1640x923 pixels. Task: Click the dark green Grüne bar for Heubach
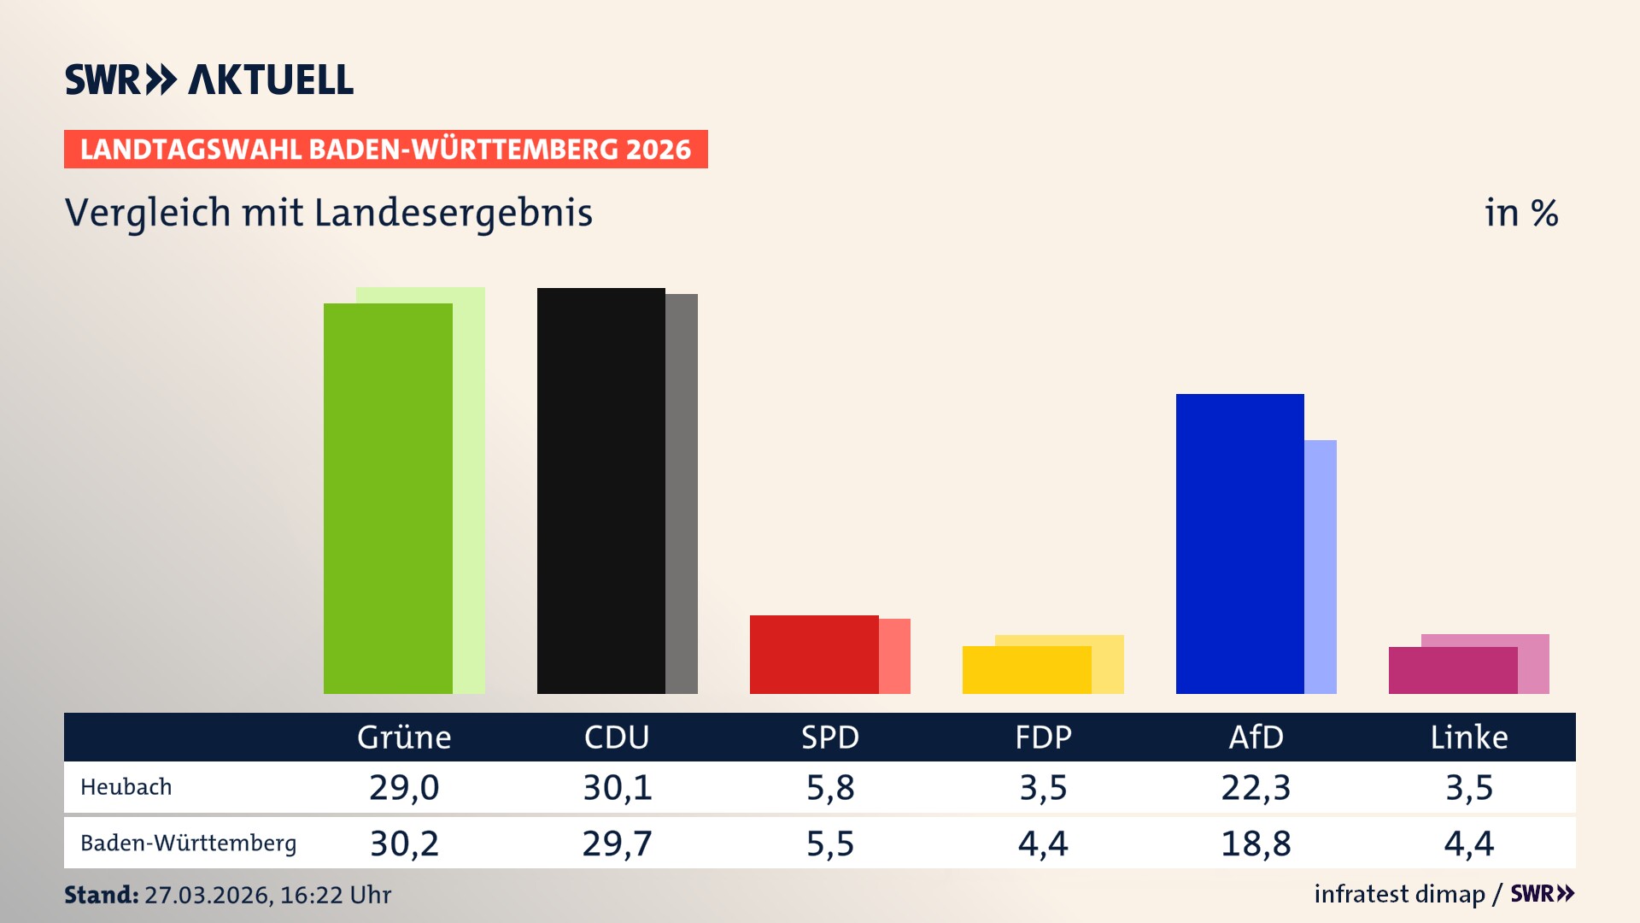(388, 498)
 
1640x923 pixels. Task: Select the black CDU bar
(600, 491)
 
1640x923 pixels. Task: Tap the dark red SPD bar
(813, 654)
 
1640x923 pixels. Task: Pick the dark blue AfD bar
(1239, 544)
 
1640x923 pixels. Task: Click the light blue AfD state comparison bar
(1321, 567)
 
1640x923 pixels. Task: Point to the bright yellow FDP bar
(1026, 670)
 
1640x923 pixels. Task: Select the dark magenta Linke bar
(1452, 670)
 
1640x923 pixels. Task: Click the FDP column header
(1043, 737)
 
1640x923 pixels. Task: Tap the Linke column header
(1469, 737)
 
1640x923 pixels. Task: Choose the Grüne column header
(404, 737)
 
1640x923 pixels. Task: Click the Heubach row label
(126, 787)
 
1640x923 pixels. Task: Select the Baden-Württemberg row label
(189, 844)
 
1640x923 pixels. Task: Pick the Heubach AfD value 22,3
(1256, 787)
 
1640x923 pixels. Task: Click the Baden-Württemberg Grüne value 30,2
(404, 844)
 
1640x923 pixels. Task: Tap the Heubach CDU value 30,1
(617, 787)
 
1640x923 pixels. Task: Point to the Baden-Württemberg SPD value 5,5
(830, 844)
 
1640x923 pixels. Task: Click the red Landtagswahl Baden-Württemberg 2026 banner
(385, 150)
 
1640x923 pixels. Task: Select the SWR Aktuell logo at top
(209, 79)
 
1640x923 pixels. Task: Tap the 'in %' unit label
(1521, 213)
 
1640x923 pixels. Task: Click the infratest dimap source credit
(1399, 894)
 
